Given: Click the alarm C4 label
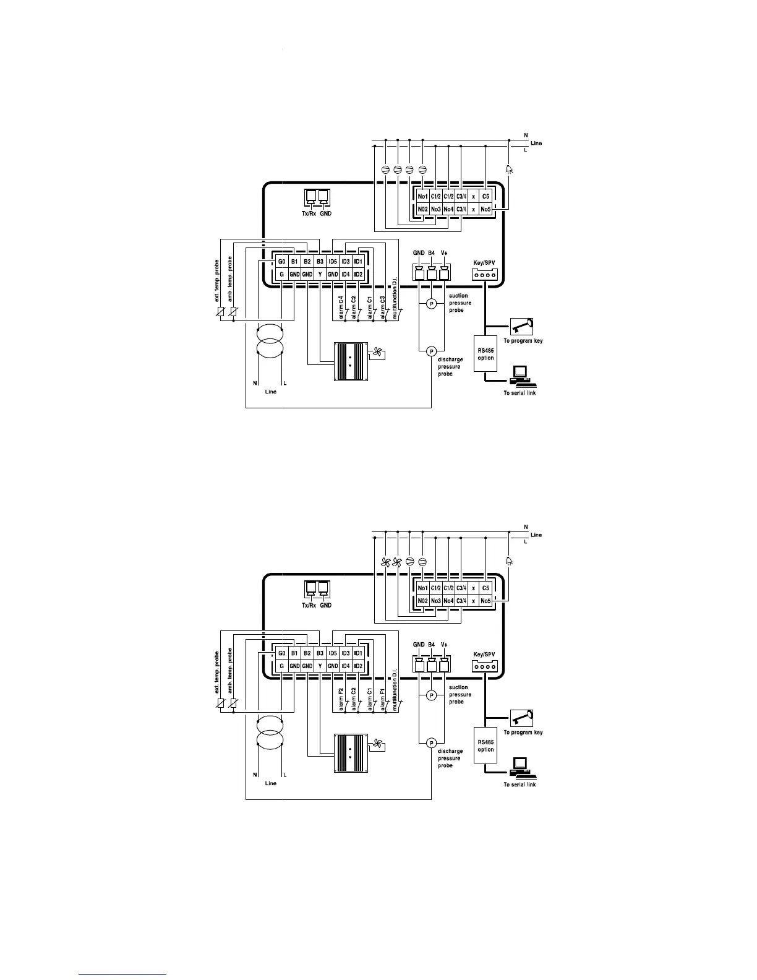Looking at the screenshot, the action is coord(341,307).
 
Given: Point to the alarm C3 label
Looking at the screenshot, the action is coord(383,307).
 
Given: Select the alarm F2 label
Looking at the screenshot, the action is coord(341,698).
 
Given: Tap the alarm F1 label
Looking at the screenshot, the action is coord(383,698).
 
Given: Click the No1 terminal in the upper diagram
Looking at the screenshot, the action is coord(423,197).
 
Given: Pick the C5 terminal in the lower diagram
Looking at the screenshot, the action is coord(486,588).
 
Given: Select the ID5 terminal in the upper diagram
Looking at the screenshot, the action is coord(333,262).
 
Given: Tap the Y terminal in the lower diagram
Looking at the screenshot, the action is coord(320,666).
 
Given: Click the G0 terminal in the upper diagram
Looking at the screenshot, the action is coord(281,262).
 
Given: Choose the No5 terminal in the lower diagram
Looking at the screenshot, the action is coord(486,601).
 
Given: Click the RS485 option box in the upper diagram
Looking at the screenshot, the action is coord(485,354).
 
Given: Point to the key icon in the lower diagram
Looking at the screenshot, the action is coord(522,718).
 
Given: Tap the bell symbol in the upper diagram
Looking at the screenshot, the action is coord(509,169).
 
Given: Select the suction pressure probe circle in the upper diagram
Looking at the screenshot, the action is coord(432,303).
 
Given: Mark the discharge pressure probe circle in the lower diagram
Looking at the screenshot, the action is coord(432,743).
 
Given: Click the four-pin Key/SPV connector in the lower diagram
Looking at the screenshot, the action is coord(485,666).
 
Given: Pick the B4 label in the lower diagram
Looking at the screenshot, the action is coord(432,645).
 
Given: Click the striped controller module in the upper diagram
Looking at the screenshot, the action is coord(350,361).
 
